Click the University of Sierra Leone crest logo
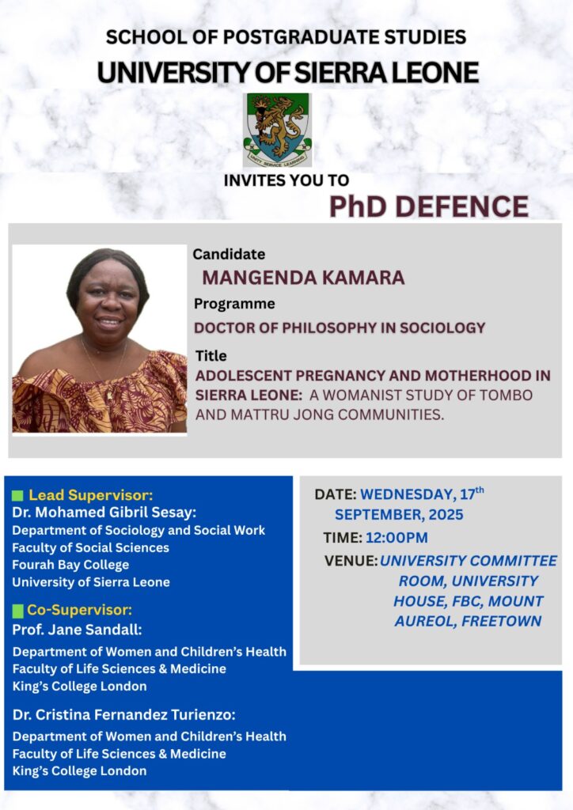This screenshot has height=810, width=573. point(278,130)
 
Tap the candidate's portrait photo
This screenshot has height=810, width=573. point(99,339)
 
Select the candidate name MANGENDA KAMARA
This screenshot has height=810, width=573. point(303,278)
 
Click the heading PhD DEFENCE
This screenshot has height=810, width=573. point(429,206)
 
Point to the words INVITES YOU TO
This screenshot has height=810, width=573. point(286,180)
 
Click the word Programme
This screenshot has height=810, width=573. point(234,304)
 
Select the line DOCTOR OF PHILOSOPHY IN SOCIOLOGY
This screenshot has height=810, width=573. point(340,328)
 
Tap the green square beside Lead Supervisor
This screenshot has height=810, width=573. point(17,496)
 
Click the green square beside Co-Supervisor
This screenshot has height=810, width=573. point(17,611)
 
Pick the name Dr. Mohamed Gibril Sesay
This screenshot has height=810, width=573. point(102,513)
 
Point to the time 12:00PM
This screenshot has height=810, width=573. point(397,538)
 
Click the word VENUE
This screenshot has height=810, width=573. point(350,561)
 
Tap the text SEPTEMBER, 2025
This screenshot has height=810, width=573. point(399,514)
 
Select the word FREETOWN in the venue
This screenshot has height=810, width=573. point(501,621)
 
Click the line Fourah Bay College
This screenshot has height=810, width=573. point(70,565)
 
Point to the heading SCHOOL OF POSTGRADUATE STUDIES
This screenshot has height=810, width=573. point(286,37)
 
